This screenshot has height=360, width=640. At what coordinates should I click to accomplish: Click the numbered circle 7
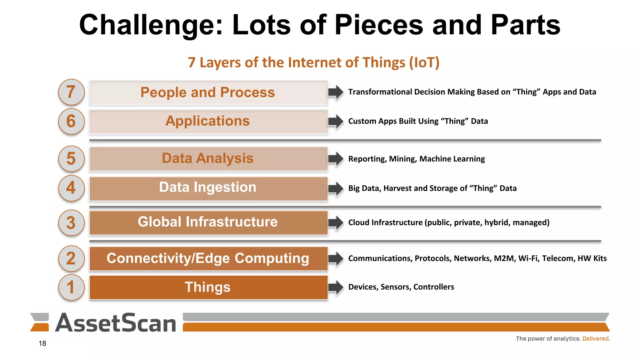tap(71, 92)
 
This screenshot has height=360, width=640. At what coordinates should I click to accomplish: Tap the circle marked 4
tap(71, 188)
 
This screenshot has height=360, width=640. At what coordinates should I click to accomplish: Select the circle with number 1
tap(71, 287)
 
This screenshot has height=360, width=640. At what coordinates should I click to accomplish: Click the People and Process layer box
tap(208, 92)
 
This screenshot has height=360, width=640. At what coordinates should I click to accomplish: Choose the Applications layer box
tap(208, 122)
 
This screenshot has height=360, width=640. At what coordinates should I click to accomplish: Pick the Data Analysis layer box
tap(208, 159)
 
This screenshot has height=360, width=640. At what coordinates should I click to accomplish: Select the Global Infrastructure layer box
tap(208, 222)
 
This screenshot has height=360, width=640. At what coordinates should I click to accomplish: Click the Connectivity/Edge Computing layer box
tap(208, 258)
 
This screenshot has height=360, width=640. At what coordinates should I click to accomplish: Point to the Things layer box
tap(208, 287)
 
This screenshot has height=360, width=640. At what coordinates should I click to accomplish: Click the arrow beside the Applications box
tap(336, 122)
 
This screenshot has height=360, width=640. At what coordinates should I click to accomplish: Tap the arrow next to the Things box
tap(336, 287)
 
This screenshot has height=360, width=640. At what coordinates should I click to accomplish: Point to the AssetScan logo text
tap(116, 323)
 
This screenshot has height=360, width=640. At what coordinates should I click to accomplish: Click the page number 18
tap(42, 343)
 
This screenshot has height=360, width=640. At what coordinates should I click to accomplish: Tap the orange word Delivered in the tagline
tap(596, 339)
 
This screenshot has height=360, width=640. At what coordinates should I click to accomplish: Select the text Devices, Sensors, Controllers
tap(401, 287)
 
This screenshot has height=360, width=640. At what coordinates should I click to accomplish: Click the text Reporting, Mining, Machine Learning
tap(416, 159)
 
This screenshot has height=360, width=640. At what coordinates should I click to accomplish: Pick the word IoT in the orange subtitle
tap(424, 62)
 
